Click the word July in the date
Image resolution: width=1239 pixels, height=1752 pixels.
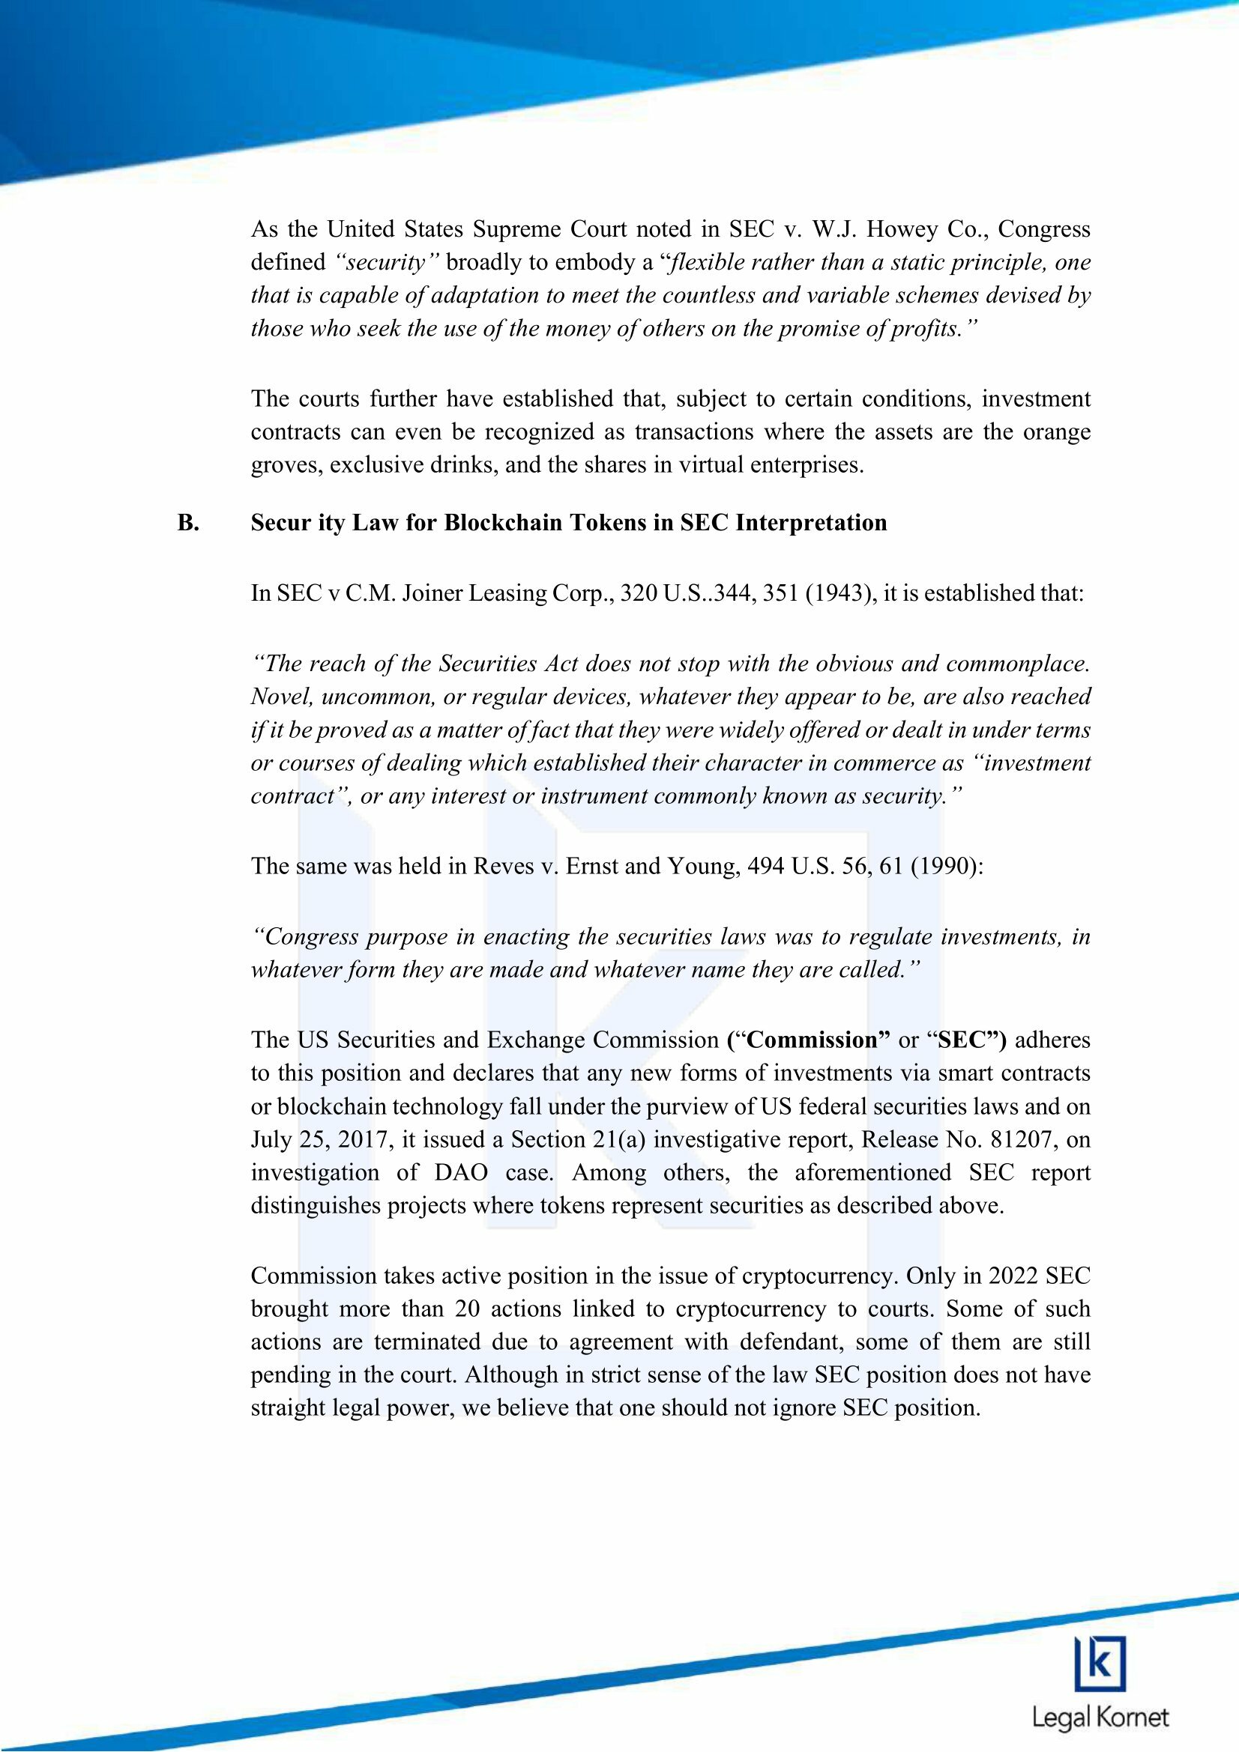coord(271,1139)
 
